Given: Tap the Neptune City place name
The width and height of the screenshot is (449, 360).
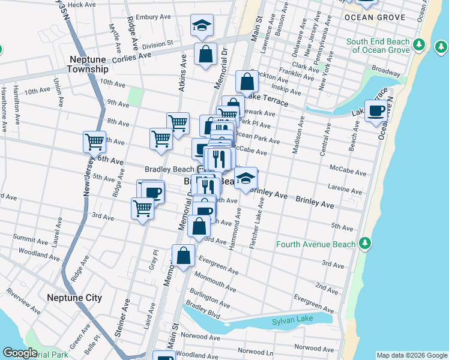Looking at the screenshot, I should point(74,298).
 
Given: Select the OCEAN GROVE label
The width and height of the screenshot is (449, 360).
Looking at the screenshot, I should point(375,17).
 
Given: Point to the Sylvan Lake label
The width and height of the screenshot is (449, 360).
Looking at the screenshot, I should point(294,322).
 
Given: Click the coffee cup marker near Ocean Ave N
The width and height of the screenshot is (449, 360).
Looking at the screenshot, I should point(376,111).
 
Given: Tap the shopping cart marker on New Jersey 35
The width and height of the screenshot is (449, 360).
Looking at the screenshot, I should point(94,142).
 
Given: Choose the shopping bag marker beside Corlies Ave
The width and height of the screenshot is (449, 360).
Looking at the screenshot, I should point(205,53).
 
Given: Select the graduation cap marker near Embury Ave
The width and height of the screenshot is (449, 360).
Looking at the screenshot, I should point(202,25).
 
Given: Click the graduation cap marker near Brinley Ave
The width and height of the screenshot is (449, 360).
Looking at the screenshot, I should point(246,178).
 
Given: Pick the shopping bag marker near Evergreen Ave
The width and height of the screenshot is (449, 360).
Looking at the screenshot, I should point(183,256).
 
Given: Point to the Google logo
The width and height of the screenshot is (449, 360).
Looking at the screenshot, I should point(20,353).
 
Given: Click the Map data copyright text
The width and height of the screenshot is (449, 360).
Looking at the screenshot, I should point(411,355).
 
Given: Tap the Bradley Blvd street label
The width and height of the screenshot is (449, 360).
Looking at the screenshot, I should point(203,310).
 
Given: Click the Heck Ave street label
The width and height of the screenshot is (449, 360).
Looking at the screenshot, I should point(82,4).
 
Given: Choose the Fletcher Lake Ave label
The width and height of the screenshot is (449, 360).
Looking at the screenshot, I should point(257,224).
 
